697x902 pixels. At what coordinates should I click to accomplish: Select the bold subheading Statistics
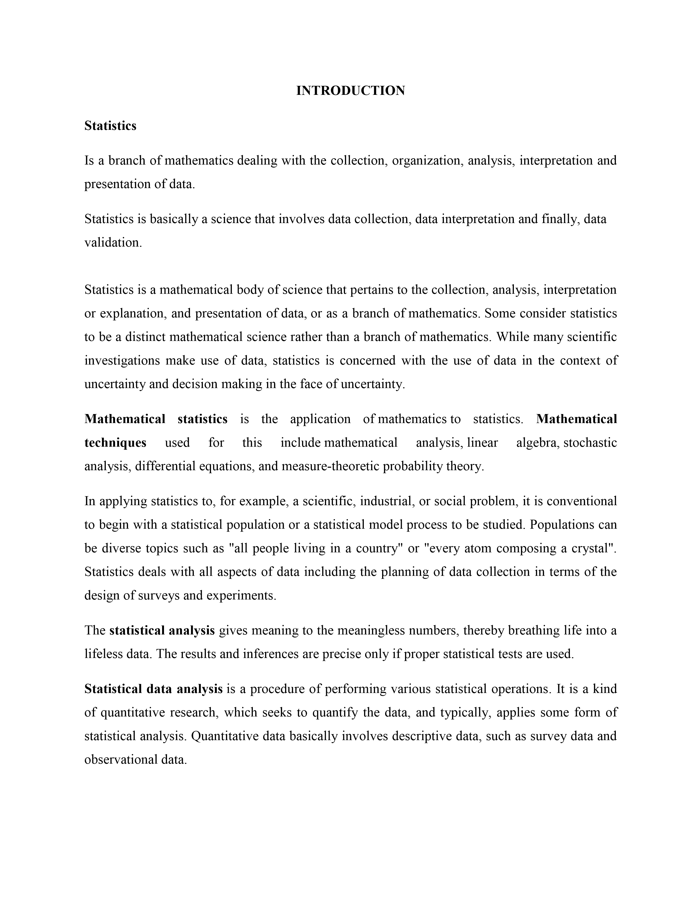[110, 125]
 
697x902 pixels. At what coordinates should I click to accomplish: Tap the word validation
[112, 242]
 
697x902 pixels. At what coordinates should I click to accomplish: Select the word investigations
[122, 361]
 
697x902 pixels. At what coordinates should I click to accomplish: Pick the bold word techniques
[115, 443]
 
